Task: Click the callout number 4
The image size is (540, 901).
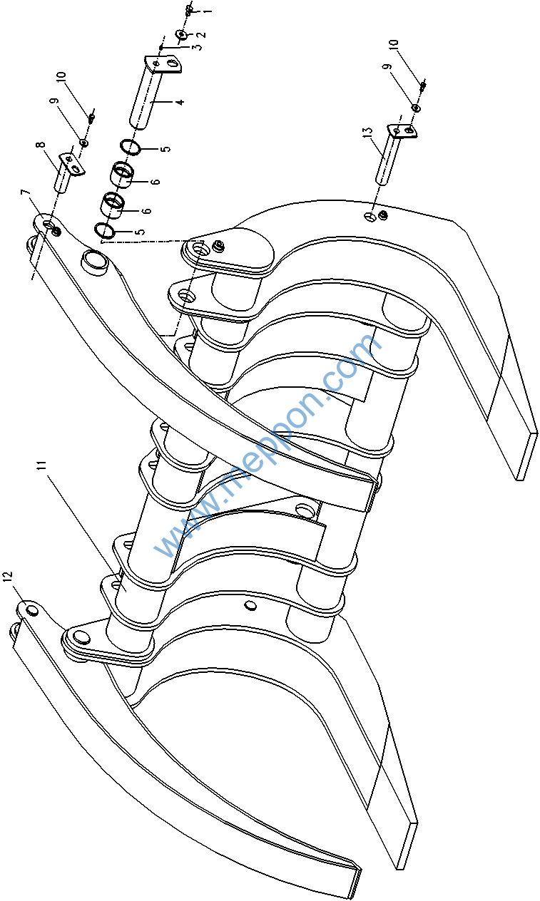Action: click(x=180, y=103)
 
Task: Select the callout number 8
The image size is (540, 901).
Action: click(x=41, y=145)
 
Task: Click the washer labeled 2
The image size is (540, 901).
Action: click(x=181, y=34)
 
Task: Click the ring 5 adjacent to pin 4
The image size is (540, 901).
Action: click(x=130, y=148)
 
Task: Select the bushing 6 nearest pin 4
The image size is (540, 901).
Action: click(x=123, y=173)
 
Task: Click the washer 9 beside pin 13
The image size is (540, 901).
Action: click(x=416, y=108)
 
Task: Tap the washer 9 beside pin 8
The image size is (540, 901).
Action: click(x=83, y=143)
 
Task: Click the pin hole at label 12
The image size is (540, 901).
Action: click(x=31, y=609)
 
